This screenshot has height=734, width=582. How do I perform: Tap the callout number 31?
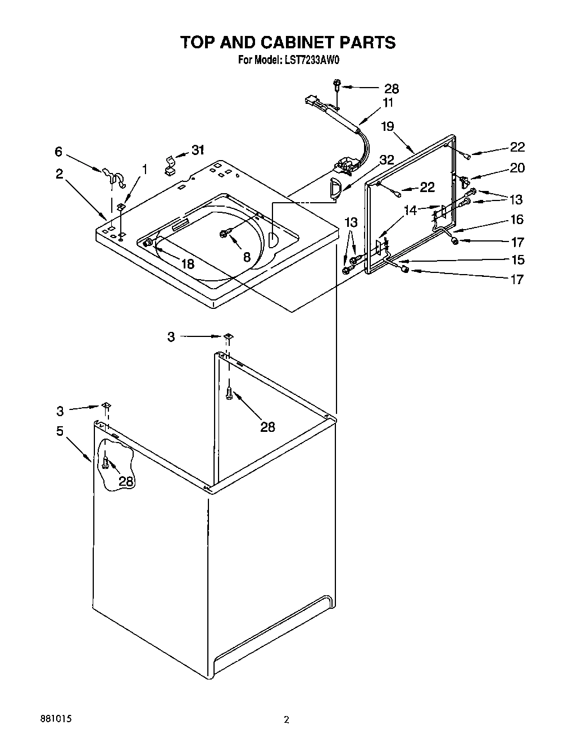click(198, 150)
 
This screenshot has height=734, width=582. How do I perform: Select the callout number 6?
click(58, 151)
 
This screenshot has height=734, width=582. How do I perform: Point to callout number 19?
click(388, 127)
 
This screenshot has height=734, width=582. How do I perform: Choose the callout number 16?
click(516, 219)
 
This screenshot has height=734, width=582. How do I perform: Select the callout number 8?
click(246, 258)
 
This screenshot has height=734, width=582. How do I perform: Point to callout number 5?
click(60, 431)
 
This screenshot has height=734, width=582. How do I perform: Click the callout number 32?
click(387, 159)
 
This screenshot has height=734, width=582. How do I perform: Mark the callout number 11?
click(388, 102)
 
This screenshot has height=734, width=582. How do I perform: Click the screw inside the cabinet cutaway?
click(105, 462)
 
